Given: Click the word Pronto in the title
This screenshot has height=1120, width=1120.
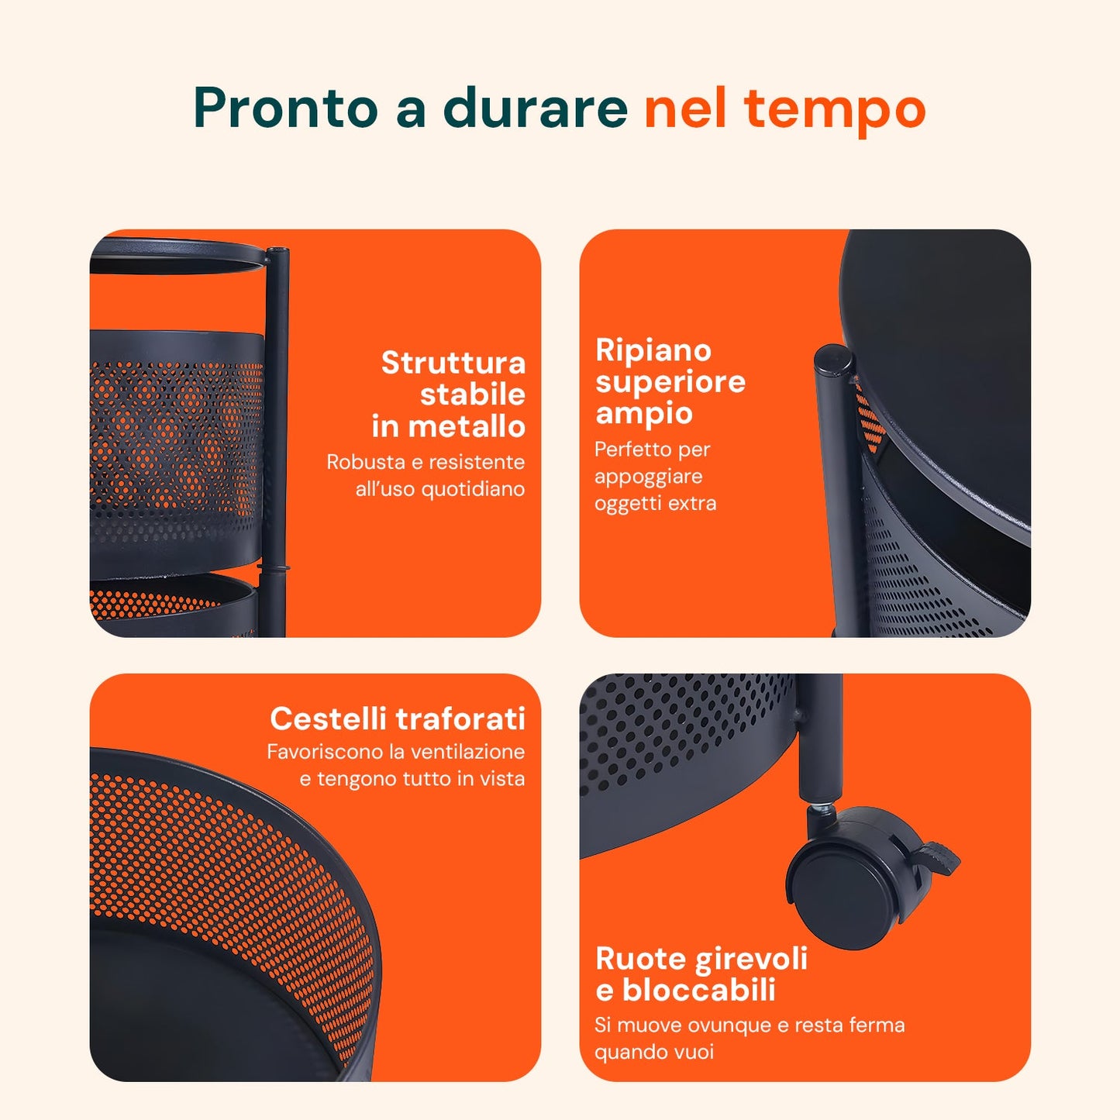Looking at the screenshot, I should [284, 108].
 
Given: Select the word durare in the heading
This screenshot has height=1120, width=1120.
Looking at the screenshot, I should [535, 108].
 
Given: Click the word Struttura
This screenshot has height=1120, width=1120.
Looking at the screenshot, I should [453, 363].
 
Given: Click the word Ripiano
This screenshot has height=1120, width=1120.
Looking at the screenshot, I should [653, 350].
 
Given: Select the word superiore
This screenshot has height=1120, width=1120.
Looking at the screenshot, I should [670, 382].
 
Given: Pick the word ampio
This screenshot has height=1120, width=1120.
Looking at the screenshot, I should [643, 414].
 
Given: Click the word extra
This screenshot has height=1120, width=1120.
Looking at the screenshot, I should [692, 504].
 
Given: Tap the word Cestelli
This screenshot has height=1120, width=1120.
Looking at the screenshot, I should [329, 719].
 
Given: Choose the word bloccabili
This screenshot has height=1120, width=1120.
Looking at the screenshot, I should [698, 991].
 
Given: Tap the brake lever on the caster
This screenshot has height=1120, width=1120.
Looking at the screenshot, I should [939, 856].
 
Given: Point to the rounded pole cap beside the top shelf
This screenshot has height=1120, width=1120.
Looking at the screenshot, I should [834, 360].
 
